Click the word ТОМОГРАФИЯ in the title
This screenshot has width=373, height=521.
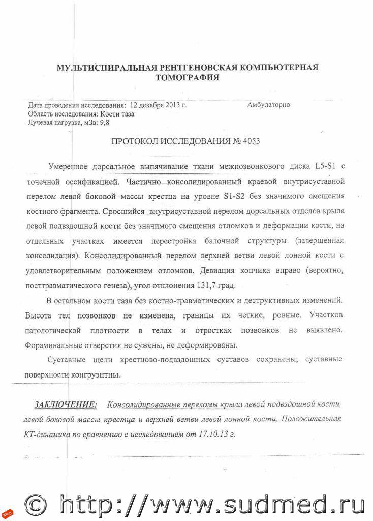coord(187,78)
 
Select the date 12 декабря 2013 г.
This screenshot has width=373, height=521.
coord(158,105)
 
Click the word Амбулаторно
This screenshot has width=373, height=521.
coord(268,105)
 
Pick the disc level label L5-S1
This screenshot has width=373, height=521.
coord(326,167)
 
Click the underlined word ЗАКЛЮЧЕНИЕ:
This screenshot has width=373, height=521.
coord(66,404)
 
